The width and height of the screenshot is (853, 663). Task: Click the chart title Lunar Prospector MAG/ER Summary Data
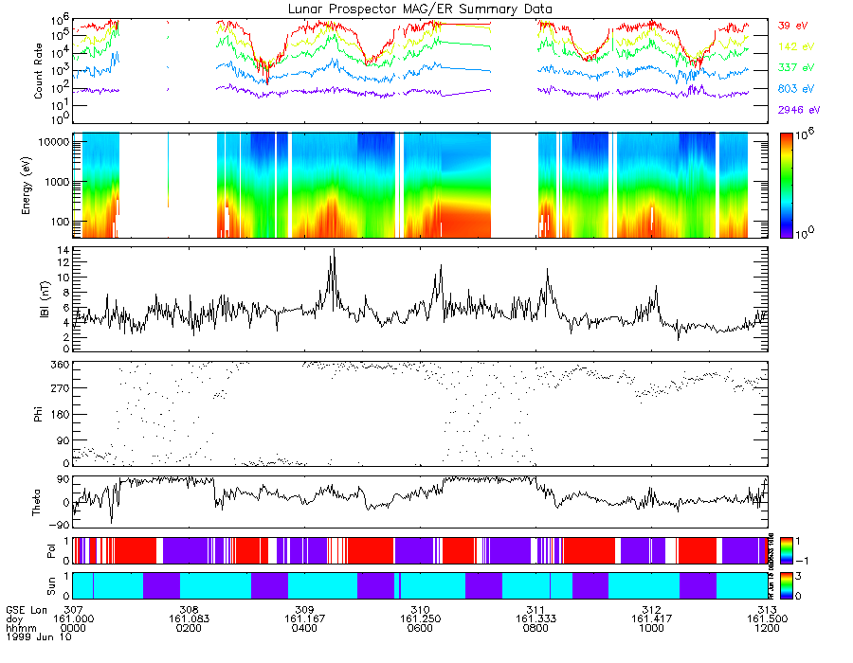(421, 9)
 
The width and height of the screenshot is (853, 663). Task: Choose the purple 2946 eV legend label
(798, 110)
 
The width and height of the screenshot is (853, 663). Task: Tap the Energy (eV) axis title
(40, 186)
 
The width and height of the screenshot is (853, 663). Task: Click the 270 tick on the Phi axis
(60, 389)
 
